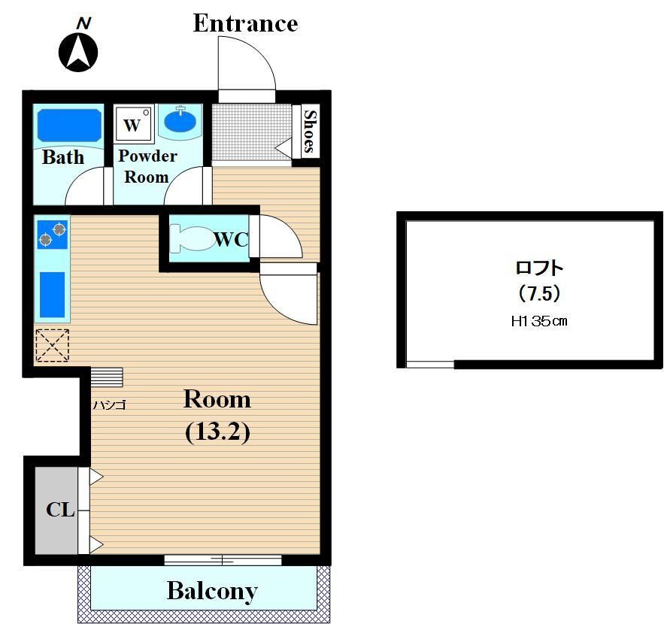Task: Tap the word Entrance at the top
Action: (x=246, y=23)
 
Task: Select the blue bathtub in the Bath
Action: (x=70, y=126)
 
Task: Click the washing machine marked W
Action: (x=133, y=124)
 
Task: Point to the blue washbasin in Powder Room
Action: (x=180, y=120)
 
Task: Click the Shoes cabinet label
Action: (x=310, y=132)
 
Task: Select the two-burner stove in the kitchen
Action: (x=53, y=235)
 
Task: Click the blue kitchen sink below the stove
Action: (x=53, y=295)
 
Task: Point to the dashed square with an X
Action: (x=52, y=345)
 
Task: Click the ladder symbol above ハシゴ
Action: (x=107, y=377)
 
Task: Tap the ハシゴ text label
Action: (x=110, y=405)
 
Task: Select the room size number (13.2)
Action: (x=217, y=432)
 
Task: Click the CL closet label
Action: (x=61, y=510)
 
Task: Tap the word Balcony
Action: (x=212, y=591)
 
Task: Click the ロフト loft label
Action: (x=539, y=268)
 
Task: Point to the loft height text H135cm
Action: (x=539, y=321)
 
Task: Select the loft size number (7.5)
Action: (x=539, y=293)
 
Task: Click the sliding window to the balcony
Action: (x=223, y=559)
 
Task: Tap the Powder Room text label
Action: (x=147, y=166)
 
